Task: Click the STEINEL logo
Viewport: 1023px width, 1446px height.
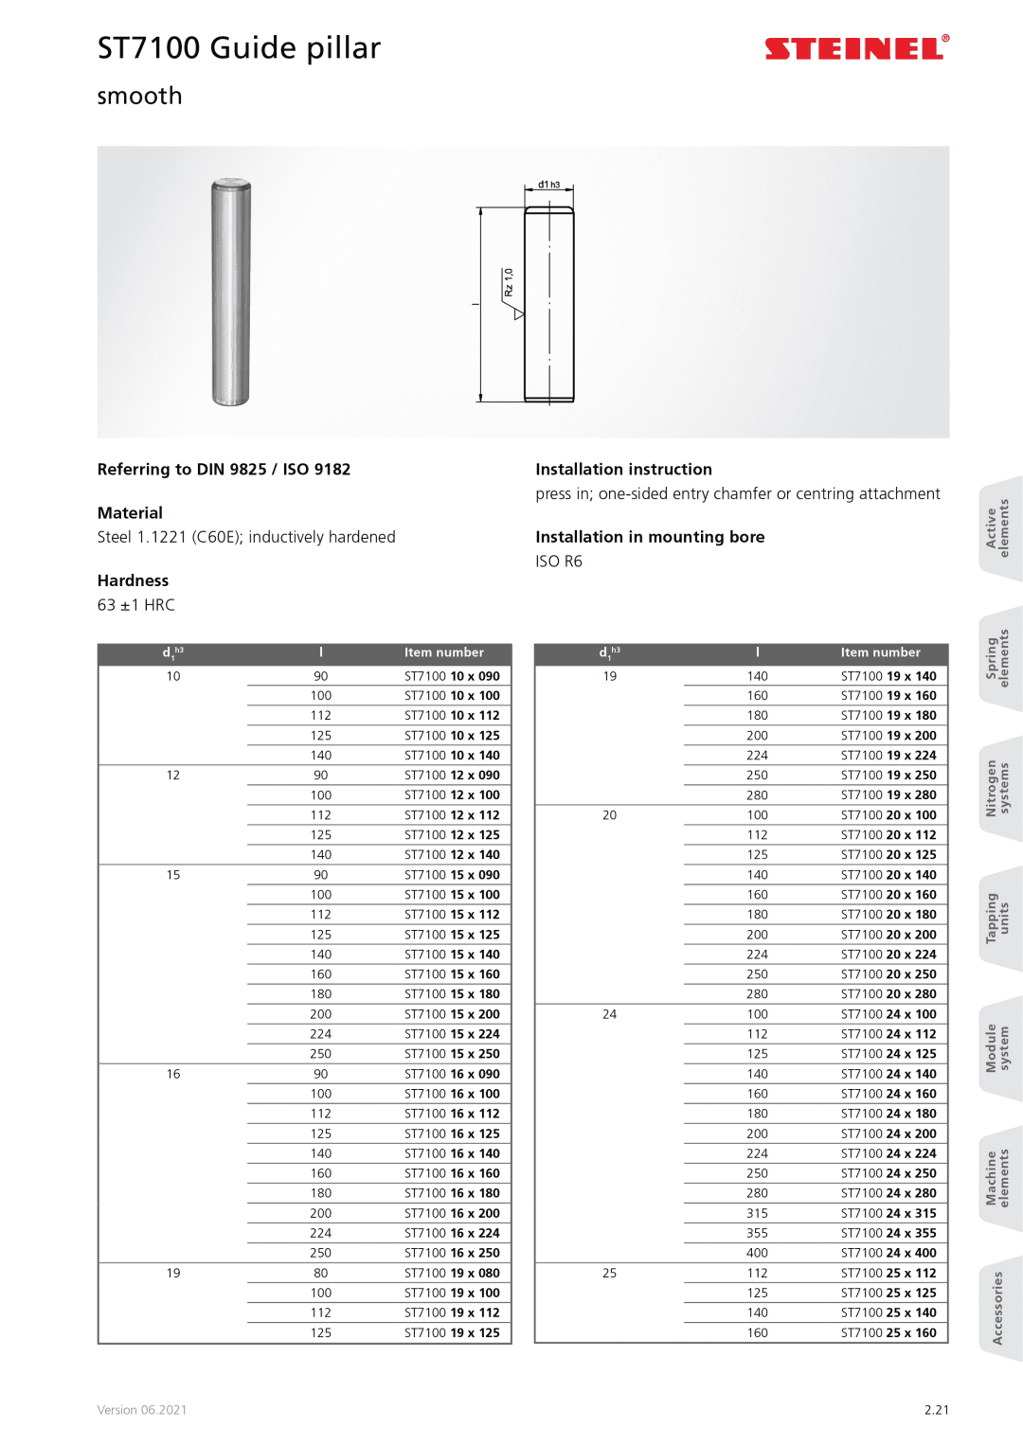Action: point(856,48)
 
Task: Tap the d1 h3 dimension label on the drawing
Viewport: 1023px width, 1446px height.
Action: point(548,185)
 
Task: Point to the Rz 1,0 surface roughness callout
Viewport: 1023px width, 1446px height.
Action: point(509,282)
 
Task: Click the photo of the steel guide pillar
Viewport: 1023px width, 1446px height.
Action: point(230,293)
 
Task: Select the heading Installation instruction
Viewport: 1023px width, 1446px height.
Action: point(623,470)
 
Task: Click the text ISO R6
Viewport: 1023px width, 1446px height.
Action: point(559,562)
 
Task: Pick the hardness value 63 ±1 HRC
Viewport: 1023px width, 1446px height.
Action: point(136,605)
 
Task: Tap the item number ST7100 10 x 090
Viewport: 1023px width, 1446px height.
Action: point(452,676)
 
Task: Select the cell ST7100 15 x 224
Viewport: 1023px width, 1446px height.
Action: point(452,1034)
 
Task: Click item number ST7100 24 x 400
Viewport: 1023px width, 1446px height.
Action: point(888,1253)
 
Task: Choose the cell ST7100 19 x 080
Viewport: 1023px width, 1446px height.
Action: point(452,1273)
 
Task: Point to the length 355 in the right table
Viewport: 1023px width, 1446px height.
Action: point(757,1233)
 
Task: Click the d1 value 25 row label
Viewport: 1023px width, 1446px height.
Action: point(609,1273)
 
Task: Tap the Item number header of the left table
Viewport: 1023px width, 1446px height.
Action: point(443,652)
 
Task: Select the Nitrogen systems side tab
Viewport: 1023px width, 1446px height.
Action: point(998,788)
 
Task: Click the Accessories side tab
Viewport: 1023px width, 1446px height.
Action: point(997,1308)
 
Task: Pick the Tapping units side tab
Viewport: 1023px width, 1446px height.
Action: point(998,918)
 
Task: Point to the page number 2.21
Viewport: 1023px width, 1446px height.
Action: point(936,1410)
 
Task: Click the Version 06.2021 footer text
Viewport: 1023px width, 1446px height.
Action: point(142,1410)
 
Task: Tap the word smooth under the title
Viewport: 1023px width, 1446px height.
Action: point(139,97)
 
